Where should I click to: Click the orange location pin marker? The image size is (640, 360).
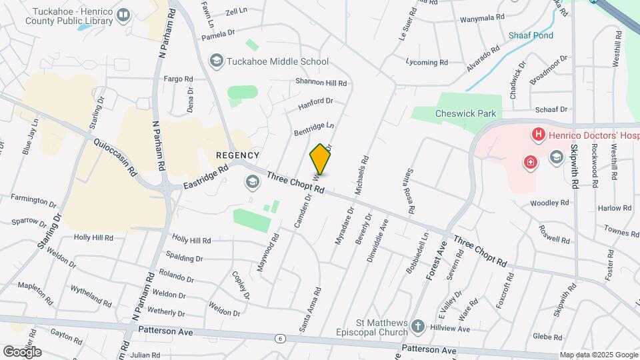[320, 159]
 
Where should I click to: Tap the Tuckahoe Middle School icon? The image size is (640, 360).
[216, 61]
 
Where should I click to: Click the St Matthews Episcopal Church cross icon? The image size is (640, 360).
[417, 327]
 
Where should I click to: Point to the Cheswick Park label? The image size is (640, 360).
[465, 113]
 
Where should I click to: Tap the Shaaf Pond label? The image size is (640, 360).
[527, 35]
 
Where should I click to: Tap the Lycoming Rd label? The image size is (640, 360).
[427, 63]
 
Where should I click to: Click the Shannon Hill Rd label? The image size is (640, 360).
[321, 83]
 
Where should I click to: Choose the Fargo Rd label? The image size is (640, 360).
[178, 79]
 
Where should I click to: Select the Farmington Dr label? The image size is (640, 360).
[33, 199]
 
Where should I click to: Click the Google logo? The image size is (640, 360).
[22, 352]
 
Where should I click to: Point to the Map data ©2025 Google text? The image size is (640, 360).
[598, 355]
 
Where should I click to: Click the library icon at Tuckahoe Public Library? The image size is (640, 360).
[123, 15]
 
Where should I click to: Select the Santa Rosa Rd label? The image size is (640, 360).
[406, 189]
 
